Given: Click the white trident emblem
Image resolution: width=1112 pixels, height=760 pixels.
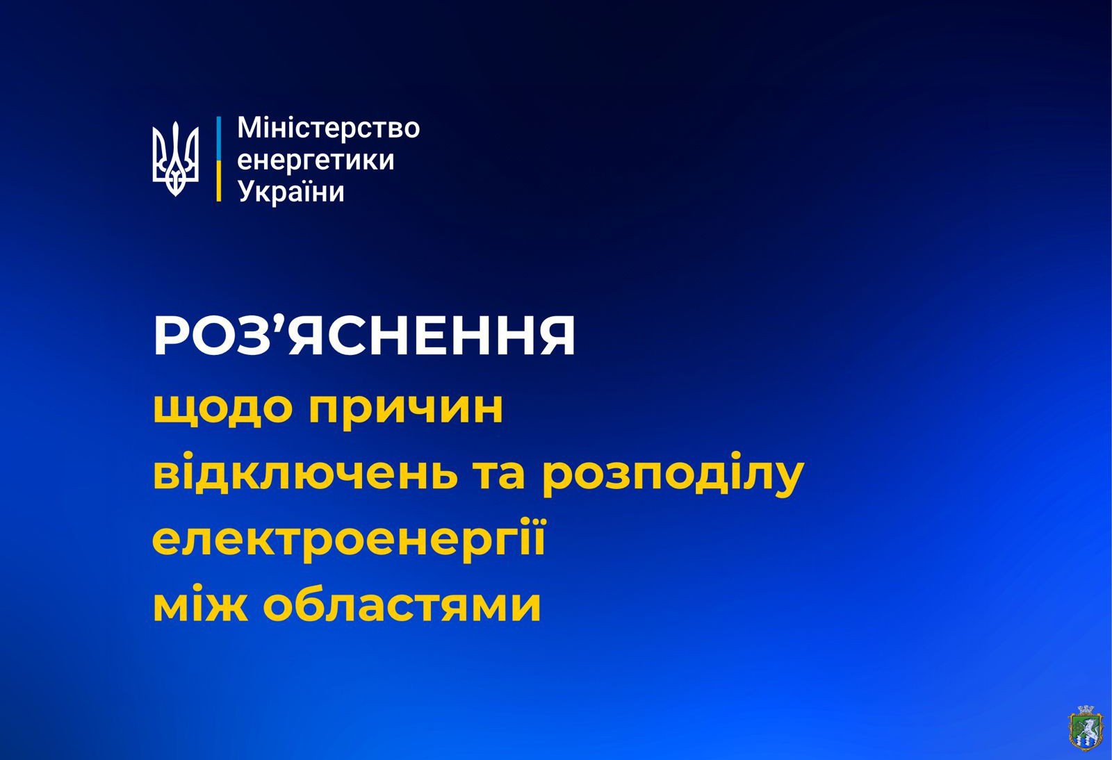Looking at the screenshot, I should pos(175,159).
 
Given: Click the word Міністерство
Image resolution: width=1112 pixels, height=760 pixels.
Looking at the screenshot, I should pos(329,128).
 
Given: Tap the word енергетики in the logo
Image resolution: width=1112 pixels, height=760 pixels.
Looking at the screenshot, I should pos(316,160).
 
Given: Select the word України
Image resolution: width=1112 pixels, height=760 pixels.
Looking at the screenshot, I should pos(291,191).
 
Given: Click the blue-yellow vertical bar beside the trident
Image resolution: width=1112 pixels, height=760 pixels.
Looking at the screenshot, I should pos(218,159).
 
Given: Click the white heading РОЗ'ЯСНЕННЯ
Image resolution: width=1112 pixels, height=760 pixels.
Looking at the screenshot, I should pos(364,338).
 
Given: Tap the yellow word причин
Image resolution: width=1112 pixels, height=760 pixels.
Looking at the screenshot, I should pos(406,410).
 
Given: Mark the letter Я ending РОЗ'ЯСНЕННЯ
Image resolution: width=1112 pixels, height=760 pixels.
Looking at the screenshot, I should pos(553,338).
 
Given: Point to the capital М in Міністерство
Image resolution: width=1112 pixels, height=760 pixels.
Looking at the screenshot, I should pos(249,128).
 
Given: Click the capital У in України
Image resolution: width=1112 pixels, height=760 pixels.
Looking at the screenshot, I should pos(247,192).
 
